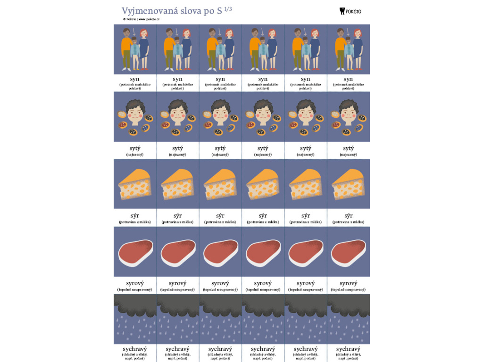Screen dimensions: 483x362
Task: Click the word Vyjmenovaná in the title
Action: click(150, 11)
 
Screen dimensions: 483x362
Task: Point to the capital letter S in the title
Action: click(219, 11)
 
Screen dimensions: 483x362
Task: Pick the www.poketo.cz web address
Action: click(149, 19)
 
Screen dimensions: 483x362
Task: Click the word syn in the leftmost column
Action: click(135, 79)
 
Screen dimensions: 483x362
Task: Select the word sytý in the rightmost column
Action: click(348, 148)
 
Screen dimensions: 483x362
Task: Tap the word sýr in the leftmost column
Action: click(135, 215)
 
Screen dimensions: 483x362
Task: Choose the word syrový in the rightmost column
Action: click(348, 283)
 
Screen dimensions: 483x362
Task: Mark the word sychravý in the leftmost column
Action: click(135, 349)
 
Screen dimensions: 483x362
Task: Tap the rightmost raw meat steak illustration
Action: click(348, 252)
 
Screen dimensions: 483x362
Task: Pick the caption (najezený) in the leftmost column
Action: click(135, 155)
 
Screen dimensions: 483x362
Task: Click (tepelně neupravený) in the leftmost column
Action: click(135, 289)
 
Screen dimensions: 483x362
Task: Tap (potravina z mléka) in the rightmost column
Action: click(348, 222)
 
